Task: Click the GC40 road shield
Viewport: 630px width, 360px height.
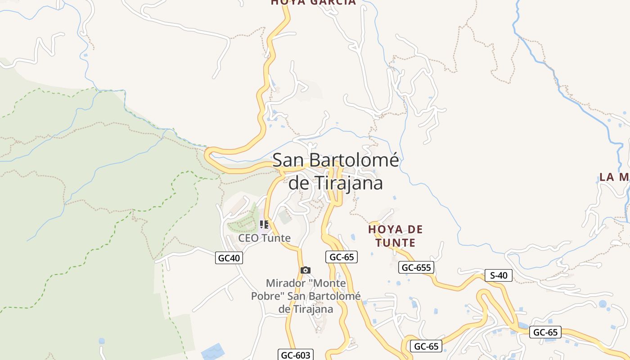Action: pos(229,258)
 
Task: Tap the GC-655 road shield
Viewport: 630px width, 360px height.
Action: pos(416,268)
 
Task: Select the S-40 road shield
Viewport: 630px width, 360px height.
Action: pos(499,275)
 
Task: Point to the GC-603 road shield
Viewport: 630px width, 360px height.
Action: pos(295,355)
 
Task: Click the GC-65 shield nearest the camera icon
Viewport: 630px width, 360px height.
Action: pos(342,257)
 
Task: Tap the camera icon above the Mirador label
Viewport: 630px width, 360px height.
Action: pos(306,270)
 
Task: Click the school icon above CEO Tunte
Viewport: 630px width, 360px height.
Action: pos(264,224)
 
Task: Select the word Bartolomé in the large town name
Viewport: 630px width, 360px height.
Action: pos(349,161)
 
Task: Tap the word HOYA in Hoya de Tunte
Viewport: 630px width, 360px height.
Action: pos(384,229)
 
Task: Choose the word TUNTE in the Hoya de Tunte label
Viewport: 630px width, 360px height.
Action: pos(397,243)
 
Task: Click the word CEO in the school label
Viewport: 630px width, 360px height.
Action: pos(247,238)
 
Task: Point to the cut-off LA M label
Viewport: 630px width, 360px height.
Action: pos(614,177)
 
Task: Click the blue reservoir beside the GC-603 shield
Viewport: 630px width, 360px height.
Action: pos(213,351)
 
